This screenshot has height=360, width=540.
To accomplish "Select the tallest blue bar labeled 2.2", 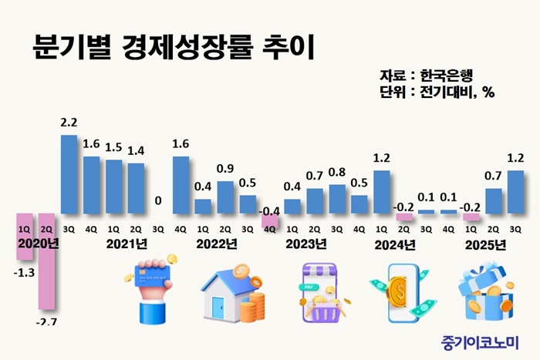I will tap(69, 174).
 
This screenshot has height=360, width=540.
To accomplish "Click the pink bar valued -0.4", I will tap(269, 220).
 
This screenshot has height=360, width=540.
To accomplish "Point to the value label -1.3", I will tap(24, 271).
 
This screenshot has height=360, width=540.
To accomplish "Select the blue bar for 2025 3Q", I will tap(515, 192).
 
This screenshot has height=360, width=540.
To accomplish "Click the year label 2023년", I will tap(307, 244).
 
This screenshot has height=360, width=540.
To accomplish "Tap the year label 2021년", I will tap(127, 244).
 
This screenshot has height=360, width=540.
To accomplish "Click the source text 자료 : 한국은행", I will tap(426, 76).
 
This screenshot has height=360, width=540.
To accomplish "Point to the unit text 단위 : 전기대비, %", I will tap(437, 93).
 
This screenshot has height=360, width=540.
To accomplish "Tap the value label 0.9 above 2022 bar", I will tap(225, 168).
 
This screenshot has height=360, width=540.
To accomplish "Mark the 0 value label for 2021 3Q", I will tap(158, 201).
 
